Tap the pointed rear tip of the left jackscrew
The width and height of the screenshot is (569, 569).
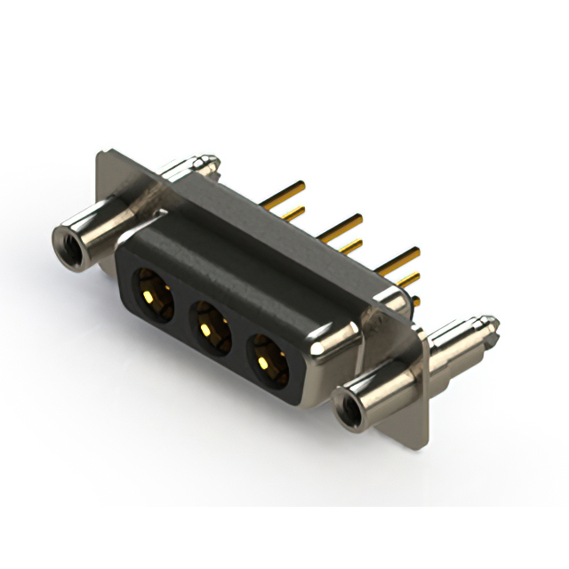[213, 163]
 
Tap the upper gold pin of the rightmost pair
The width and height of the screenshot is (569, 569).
[402, 259]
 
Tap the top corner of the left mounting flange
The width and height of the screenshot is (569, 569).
[100, 155]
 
